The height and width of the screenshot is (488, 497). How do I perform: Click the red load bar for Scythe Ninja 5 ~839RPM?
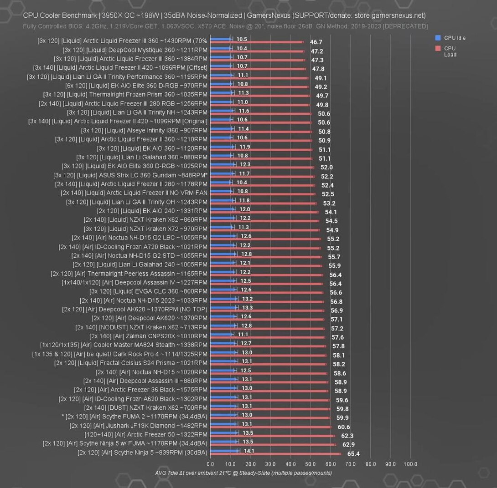[x=275, y=454]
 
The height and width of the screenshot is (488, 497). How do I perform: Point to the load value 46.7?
[x=316, y=42]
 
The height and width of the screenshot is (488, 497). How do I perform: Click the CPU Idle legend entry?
[x=454, y=38]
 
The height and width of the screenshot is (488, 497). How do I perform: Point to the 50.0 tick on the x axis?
[x=311, y=464]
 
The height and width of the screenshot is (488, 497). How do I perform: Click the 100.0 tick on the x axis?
[x=410, y=464]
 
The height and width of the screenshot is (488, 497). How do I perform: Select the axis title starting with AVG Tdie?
[x=243, y=473]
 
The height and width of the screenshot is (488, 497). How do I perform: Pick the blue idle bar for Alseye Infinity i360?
[x=222, y=130]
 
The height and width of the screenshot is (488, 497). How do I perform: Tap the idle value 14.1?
[x=249, y=451]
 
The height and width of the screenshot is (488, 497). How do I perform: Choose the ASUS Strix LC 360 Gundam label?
[x=130, y=175]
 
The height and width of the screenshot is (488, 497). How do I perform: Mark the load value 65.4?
[x=353, y=454]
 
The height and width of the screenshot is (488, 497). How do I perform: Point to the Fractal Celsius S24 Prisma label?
[x=130, y=363]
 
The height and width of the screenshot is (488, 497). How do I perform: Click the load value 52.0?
[x=326, y=168]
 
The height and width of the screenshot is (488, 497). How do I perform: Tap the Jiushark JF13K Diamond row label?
[x=138, y=426]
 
